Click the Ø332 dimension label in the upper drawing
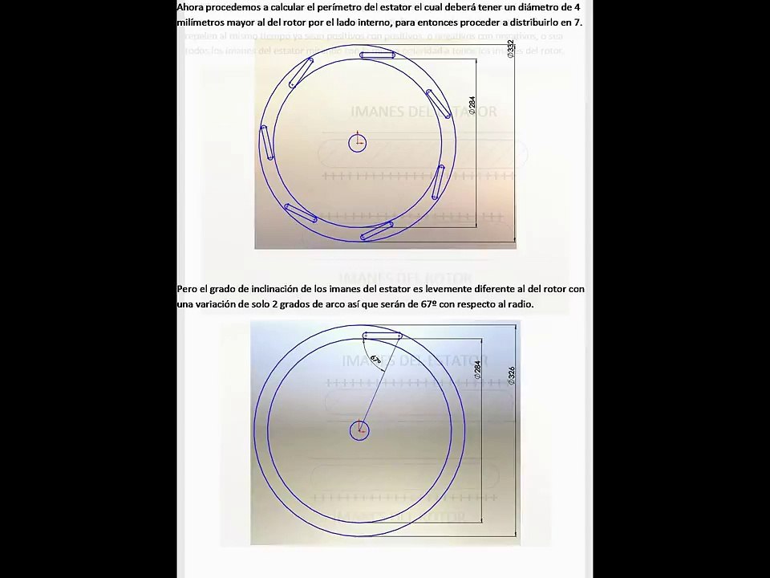(x=511, y=49)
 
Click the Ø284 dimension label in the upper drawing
(x=472, y=104)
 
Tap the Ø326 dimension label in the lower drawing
(x=512, y=376)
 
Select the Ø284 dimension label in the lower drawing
(x=478, y=369)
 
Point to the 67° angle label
(x=375, y=359)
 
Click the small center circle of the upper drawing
(x=358, y=144)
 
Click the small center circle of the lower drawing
(x=359, y=431)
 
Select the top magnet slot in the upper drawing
(x=377, y=55)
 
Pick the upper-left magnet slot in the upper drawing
(x=301, y=72)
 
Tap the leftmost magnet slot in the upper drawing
(x=264, y=143)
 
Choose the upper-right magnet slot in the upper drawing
(x=438, y=104)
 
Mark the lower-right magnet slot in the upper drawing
(x=438, y=182)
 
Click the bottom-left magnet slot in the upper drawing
(x=301, y=214)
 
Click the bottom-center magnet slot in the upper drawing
(x=377, y=231)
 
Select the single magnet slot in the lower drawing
(x=382, y=335)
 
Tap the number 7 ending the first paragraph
(x=578, y=22)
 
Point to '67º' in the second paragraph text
(x=428, y=304)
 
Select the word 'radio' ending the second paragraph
(x=518, y=304)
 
